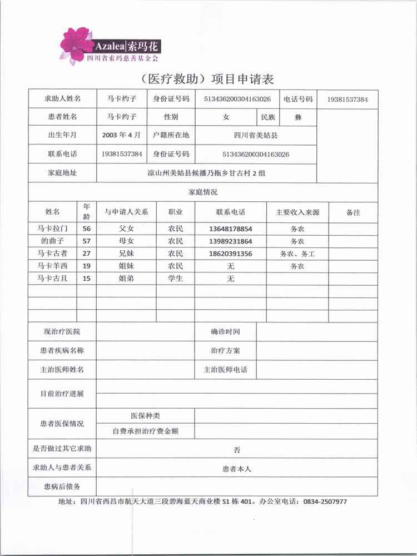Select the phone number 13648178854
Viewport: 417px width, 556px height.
[231, 229]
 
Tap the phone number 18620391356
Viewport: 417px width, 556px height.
[231, 254]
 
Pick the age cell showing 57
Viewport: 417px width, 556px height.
[86, 241]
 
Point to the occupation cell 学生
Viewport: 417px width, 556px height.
[176, 279]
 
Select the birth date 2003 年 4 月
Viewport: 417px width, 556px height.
[121, 135]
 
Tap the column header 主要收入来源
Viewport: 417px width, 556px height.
[297, 212]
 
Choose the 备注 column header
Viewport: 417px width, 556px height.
[353, 212]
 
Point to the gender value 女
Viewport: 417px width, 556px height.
[226, 117]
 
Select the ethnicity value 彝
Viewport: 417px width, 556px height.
[297, 117]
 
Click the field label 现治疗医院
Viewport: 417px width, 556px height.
[62, 332]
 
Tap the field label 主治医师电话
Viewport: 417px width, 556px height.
[225, 370]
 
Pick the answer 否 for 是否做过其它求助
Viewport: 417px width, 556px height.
[237, 449]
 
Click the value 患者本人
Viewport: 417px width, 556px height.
[237, 469]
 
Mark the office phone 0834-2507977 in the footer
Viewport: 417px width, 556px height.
[325, 502]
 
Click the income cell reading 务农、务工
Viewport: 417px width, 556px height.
[297, 254]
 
